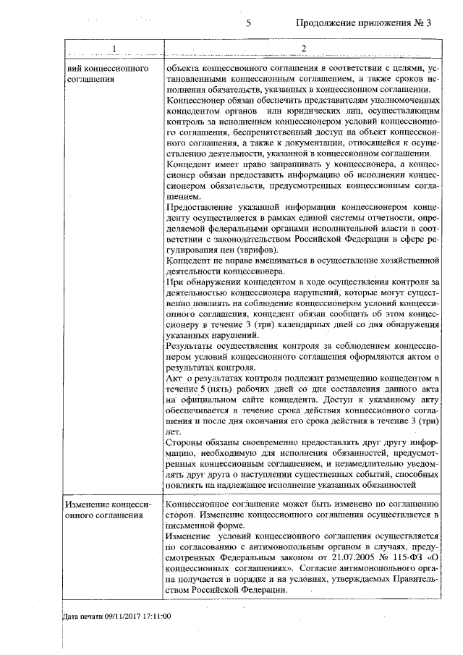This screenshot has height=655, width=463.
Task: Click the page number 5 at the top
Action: click(248, 23)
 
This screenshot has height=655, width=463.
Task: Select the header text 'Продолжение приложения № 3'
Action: click(363, 23)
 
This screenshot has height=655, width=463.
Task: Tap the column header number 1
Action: click(114, 48)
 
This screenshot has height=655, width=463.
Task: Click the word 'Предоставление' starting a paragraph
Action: click(200, 208)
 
